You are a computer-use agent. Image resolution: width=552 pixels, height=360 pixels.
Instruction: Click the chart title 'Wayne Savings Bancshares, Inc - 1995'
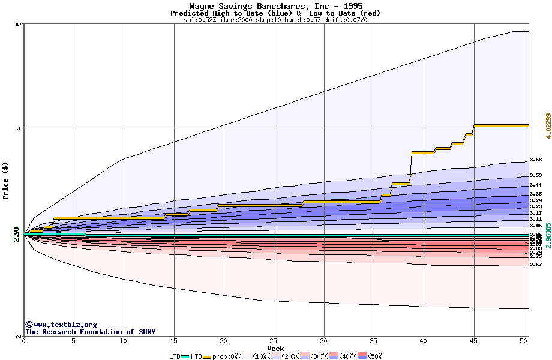tap(275, 6)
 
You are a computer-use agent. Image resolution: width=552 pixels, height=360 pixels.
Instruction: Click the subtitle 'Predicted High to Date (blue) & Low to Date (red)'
tap(275, 13)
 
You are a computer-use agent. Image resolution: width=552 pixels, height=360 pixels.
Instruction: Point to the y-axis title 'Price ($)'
tap(5, 180)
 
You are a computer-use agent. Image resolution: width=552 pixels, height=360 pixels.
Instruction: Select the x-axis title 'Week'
tap(275, 349)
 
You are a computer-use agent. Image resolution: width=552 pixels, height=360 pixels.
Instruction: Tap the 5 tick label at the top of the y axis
tap(19, 25)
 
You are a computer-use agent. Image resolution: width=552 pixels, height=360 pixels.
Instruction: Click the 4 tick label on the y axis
tap(19, 128)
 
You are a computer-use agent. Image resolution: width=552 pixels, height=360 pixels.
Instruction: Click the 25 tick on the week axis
tap(274, 341)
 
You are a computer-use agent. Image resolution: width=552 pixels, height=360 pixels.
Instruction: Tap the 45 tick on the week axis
tap(473, 341)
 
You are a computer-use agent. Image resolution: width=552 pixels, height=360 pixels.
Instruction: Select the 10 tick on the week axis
tap(124, 341)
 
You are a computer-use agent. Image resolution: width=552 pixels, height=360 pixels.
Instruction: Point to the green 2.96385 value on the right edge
tap(547, 235)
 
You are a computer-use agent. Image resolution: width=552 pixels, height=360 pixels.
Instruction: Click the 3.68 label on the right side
tap(536, 160)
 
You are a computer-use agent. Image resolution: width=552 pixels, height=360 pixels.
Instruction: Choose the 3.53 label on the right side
tap(536, 176)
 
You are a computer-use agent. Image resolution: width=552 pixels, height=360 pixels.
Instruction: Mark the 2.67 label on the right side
tap(536, 265)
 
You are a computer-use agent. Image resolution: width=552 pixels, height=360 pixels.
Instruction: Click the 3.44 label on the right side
tap(536, 185)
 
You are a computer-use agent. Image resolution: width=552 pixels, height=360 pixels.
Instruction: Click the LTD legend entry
tap(175, 356)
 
